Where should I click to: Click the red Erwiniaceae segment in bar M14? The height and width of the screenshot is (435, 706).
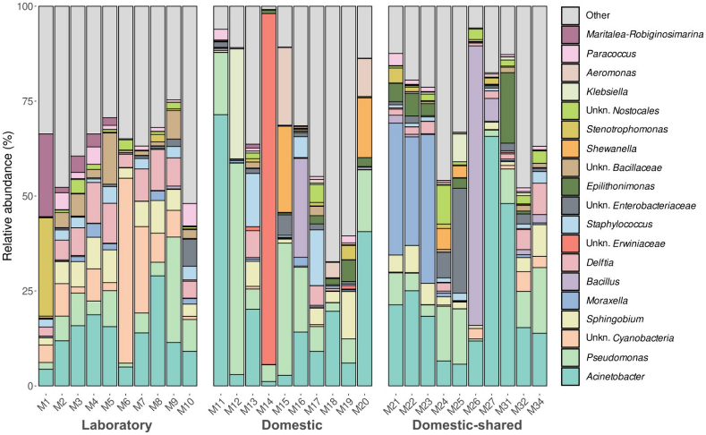[268, 189]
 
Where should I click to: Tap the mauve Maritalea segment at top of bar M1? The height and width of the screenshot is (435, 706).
[46, 175]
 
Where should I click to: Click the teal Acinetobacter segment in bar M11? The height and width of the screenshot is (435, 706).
[221, 251]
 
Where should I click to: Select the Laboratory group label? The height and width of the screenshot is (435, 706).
[117, 425]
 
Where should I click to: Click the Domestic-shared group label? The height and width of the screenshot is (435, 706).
[467, 425]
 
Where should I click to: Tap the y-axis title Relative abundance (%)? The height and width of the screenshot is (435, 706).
[8, 196]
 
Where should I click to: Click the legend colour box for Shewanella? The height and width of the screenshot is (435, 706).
[570, 149]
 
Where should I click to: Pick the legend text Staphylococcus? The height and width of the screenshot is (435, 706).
[619, 225]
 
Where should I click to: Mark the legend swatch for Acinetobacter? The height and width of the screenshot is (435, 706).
[570, 377]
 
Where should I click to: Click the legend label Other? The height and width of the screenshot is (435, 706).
[598, 15]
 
